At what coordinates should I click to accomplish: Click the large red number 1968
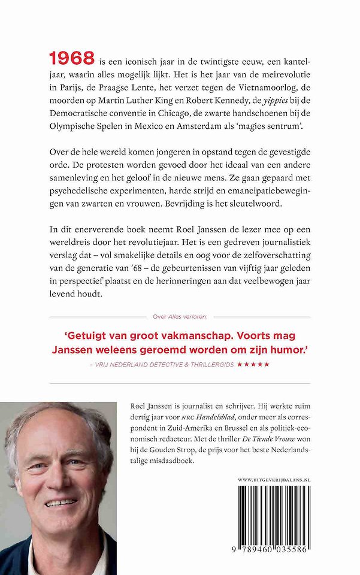(71, 58)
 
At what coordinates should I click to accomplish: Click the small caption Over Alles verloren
(180, 317)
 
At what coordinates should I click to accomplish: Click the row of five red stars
(253, 364)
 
